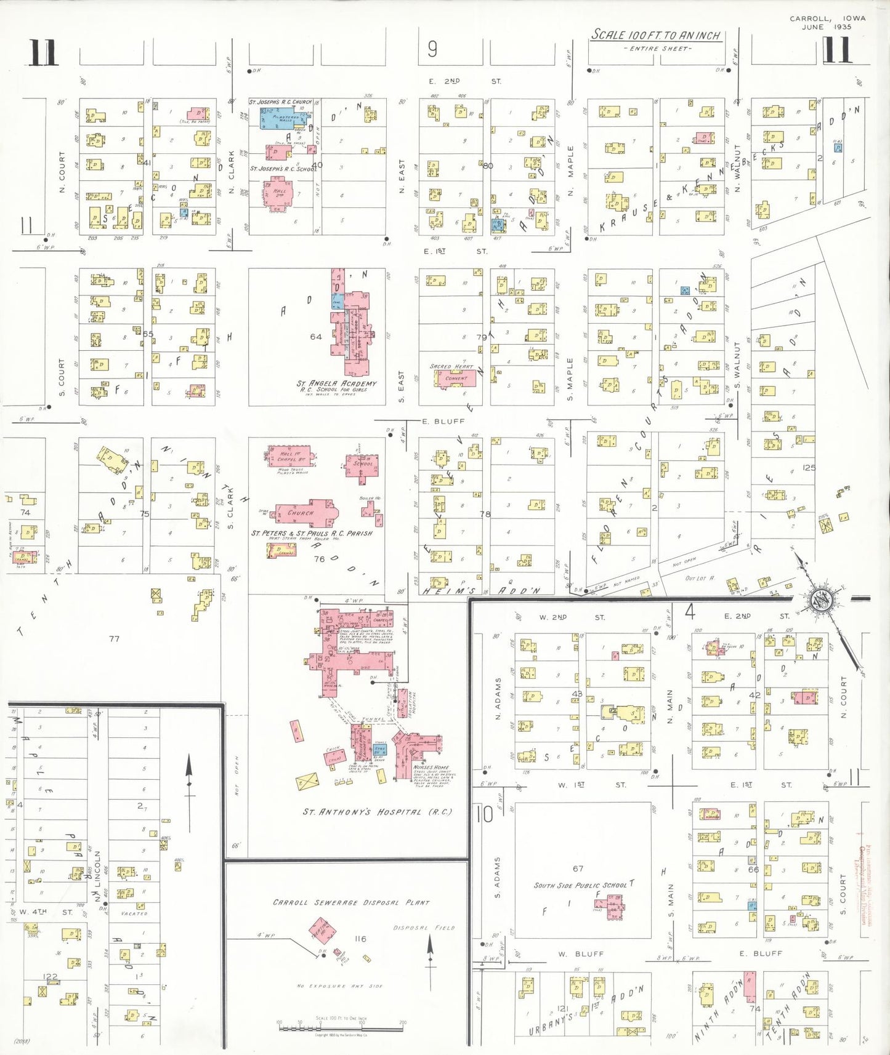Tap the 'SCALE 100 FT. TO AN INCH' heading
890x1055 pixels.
[655, 35]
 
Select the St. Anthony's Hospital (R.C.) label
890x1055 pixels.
[377, 812]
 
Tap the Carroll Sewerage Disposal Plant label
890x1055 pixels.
[351, 902]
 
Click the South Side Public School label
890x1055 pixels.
[580, 885]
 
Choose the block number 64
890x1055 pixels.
[316, 337]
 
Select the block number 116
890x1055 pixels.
[360, 939]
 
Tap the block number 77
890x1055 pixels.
[114, 639]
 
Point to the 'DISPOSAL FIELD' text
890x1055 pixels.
[424, 928]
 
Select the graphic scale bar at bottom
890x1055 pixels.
[341, 1025]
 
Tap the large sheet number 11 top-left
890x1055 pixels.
[42, 52]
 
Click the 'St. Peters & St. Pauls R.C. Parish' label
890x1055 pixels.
[312, 533]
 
